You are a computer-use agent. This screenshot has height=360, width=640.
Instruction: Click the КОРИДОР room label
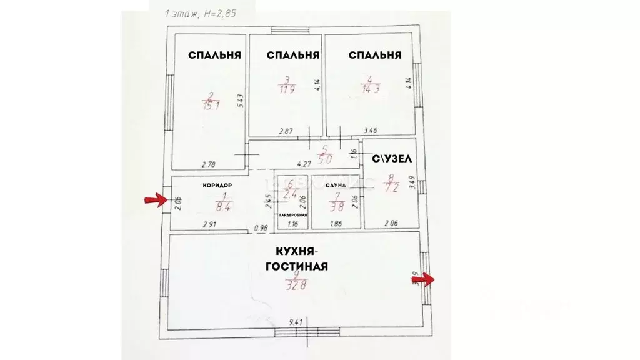217,186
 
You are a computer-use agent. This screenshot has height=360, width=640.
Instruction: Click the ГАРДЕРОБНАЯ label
292,214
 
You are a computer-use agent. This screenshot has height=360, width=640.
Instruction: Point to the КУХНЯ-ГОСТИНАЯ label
301,259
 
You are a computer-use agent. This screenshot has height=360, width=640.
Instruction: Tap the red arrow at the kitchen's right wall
426,279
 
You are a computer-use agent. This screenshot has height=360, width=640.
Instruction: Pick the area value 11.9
286,88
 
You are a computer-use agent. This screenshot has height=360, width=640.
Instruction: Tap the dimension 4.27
304,164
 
